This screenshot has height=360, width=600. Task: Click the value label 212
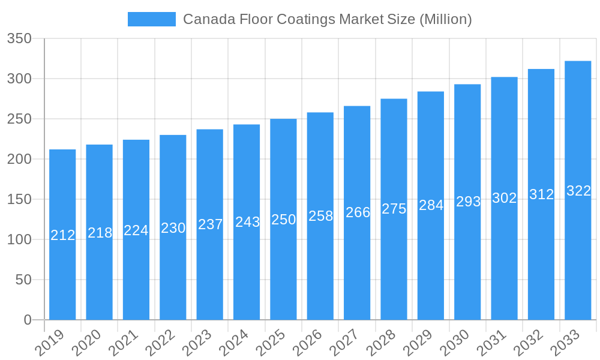click(x=62, y=235)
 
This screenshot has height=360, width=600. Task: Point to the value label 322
click(x=578, y=191)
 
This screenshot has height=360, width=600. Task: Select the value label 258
click(x=320, y=216)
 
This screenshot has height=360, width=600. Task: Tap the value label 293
click(x=468, y=202)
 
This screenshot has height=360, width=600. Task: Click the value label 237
click(x=210, y=224)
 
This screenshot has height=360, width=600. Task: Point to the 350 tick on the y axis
click(x=19, y=38)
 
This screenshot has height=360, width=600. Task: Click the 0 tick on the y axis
click(x=28, y=320)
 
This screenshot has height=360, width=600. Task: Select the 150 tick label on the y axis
click(x=19, y=199)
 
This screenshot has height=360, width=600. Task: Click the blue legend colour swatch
click(x=152, y=19)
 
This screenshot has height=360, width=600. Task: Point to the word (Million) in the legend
click(x=445, y=19)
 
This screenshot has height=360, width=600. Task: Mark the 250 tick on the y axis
click(x=19, y=119)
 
